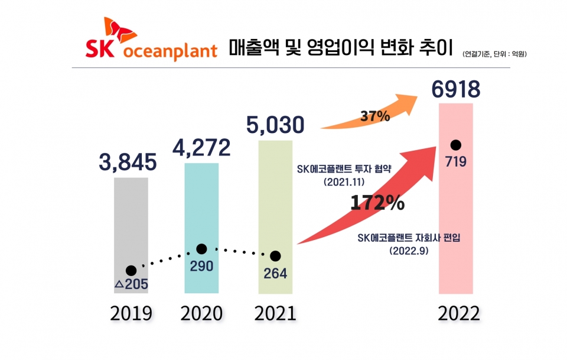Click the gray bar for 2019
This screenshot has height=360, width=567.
(x=131, y=225)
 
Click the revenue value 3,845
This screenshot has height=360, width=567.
(x=128, y=162)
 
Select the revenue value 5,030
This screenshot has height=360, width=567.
(x=275, y=125)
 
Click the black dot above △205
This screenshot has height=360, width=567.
(x=131, y=271)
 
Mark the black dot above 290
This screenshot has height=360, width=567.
(x=201, y=249)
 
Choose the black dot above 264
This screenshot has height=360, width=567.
(x=275, y=256)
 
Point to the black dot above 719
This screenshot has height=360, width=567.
(x=455, y=145)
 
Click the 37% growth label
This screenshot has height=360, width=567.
(x=375, y=116)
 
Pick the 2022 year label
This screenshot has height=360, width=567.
(x=459, y=314)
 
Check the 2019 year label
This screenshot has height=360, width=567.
(x=131, y=313)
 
